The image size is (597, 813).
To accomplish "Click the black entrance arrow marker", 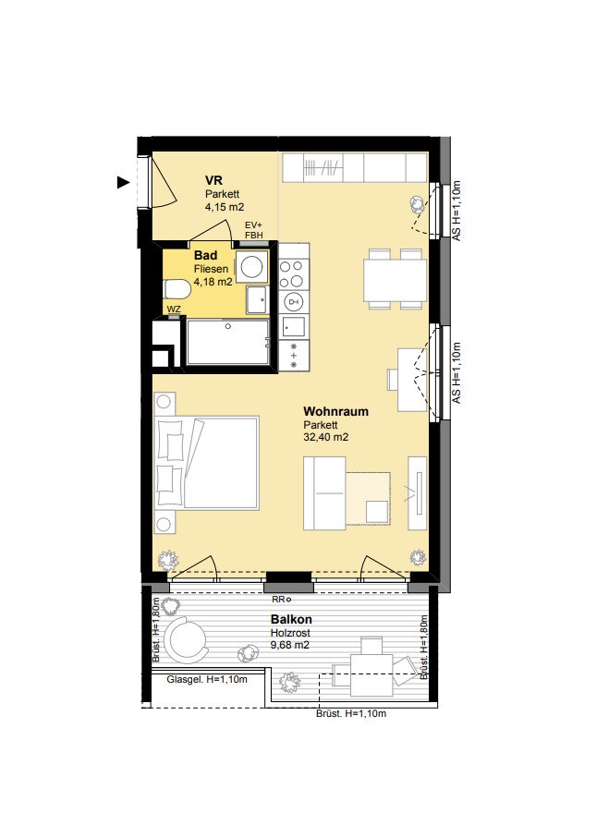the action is point(123,182).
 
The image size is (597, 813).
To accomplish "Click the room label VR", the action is point(213,180).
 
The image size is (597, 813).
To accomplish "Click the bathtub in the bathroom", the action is point(227,342).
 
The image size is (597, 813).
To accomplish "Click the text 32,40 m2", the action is point(325,437).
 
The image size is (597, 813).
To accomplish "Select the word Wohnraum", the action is point(335,412).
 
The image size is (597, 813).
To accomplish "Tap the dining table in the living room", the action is point(395,280).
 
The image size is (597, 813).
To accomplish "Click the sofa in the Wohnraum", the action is point(324,493).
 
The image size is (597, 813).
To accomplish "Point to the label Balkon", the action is point(291,619).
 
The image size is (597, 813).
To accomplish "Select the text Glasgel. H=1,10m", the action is point(207,679).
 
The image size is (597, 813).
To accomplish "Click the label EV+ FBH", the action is point(253,230).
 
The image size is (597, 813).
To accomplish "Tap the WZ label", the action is point(175,309).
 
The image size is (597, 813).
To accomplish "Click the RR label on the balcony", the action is point(278,600).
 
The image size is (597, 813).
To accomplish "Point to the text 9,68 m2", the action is point(290,645).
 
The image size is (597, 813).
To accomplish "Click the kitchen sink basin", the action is point(294,326).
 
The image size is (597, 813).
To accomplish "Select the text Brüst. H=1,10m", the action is point(351,713).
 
